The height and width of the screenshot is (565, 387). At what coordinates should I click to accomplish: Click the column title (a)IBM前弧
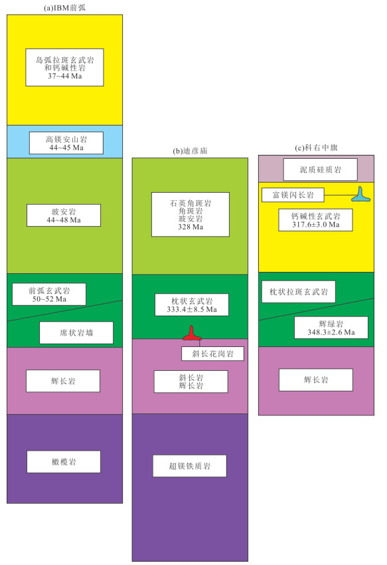(65, 7)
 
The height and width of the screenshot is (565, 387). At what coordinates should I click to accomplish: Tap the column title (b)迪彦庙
(190, 151)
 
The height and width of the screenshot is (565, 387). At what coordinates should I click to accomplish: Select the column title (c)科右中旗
(316, 148)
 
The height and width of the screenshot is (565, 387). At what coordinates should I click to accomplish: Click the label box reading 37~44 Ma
(65, 67)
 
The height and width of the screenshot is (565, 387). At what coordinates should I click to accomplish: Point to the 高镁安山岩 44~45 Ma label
(66, 143)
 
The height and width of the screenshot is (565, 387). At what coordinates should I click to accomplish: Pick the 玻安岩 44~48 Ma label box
(64, 215)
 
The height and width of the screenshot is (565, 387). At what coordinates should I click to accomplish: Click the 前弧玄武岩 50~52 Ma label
(49, 294)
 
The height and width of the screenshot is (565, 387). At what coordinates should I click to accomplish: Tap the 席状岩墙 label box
(76, 332)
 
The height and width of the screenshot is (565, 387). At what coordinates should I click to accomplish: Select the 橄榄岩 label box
(64, 461)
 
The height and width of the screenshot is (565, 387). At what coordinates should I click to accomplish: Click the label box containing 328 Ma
(191, 215)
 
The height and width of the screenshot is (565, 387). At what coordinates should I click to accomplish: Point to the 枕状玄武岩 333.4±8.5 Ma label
(192, 305)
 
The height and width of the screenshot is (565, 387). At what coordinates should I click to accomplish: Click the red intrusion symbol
(192, 333)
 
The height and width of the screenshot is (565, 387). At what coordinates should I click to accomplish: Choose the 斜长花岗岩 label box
(213, 354)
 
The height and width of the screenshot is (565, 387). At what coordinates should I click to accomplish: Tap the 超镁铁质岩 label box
(190, 466)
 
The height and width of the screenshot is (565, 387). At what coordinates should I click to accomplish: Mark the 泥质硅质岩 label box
(321, 169)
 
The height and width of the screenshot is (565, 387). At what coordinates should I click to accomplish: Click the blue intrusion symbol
(360, 194)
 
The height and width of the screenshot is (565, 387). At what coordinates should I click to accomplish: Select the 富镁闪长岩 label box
(293, 195)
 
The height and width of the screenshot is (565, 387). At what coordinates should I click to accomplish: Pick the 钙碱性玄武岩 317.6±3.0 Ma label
(316, 220)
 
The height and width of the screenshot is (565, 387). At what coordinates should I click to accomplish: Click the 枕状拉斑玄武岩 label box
(299, 292)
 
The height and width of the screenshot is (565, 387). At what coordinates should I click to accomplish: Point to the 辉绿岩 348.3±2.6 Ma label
(331, 328)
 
